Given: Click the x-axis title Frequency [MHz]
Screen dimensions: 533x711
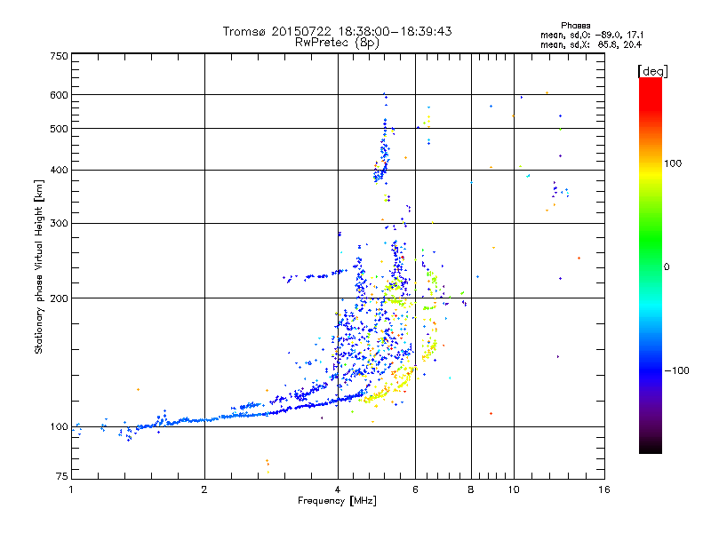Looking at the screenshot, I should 337,501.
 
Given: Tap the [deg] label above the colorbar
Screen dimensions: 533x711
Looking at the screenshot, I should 651,70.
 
